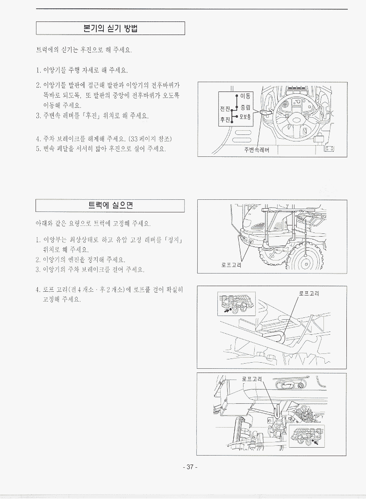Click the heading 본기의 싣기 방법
point(110,28)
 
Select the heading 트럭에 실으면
point(110,205)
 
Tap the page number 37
point(190,467)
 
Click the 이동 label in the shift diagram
point(245,96)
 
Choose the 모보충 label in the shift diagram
point(245,117)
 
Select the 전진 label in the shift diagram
point(225,109)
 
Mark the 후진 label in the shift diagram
point(225,119)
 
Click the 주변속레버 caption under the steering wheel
point(257,150)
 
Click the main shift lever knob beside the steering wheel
point(266,112)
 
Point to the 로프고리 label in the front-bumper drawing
point(231,265)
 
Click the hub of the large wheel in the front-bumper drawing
point(305,263)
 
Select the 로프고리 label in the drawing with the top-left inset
point(309,294)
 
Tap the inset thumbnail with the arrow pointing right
point(237,304)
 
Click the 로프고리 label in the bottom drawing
point(252,379)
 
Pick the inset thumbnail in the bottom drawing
point(307,436)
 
